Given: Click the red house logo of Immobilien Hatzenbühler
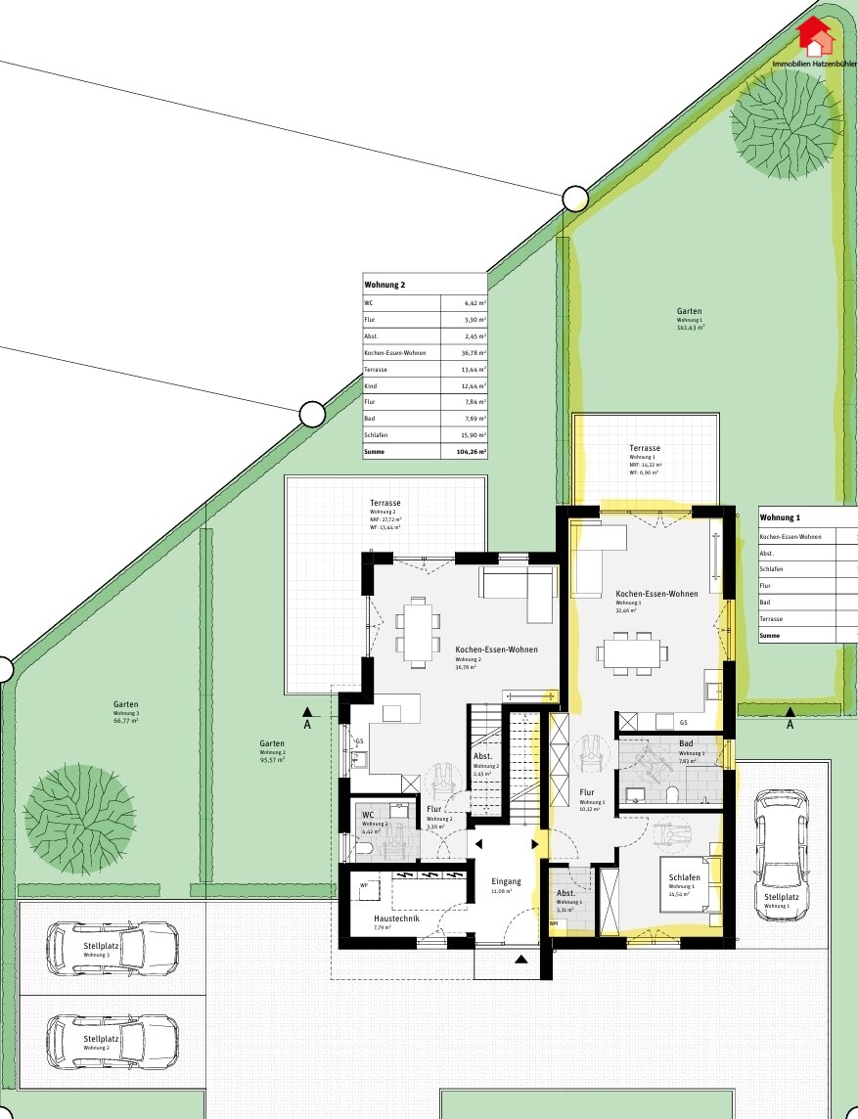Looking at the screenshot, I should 815,36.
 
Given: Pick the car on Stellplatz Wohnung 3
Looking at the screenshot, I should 113,947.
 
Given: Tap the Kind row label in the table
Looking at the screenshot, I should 371,385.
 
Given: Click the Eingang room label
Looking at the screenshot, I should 506,881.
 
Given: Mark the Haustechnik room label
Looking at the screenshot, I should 396,918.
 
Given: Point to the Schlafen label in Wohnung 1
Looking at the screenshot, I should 685,877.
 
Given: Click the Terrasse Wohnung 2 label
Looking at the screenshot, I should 384,504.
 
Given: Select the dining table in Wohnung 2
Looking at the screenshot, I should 418,632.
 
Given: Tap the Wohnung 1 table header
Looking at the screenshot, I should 781,516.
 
